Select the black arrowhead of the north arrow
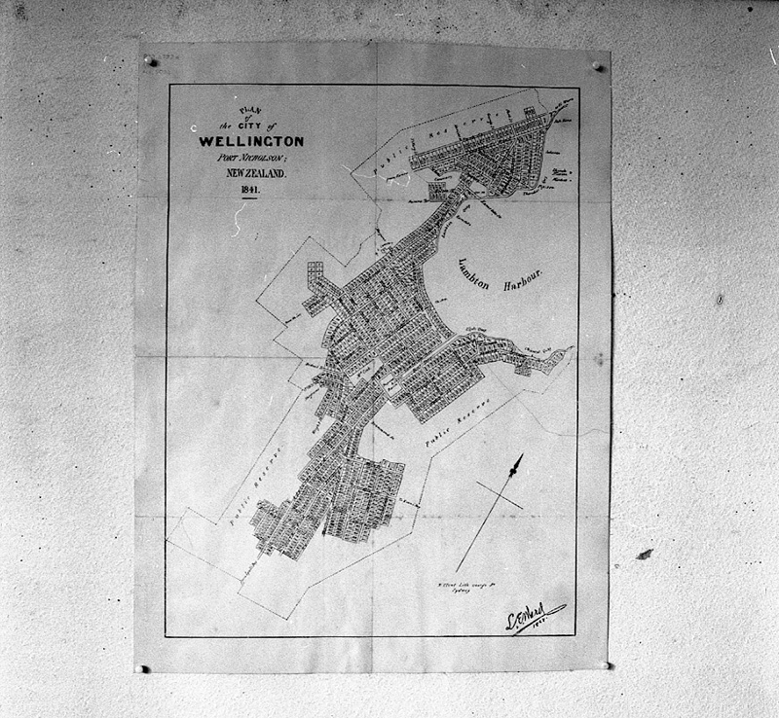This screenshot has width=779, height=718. [517, 464]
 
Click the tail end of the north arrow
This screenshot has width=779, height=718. [457, 571]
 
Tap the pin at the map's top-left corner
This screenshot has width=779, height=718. [150, 60]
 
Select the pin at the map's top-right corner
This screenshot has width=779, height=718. [598, 66]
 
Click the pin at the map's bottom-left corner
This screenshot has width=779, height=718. [144, 668]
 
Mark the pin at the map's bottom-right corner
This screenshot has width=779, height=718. [609, 665]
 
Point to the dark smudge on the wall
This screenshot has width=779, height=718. [644, 554]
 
